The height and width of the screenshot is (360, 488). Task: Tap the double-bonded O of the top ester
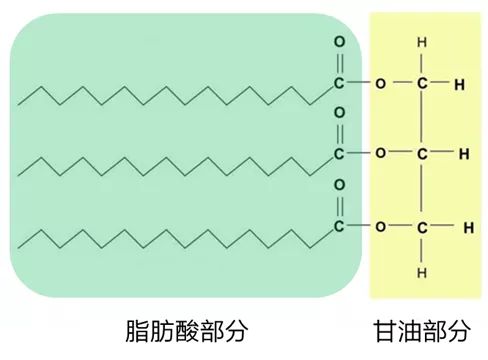tap(339, 43)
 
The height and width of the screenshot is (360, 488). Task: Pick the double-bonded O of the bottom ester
tap(339, 185)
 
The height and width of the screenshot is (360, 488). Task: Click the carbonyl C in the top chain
tap(339, 82)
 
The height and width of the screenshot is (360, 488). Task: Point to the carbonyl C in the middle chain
tap(339, 153)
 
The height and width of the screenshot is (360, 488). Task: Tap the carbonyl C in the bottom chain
tap(339, 225)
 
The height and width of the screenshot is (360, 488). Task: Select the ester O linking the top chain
tap(380, 82)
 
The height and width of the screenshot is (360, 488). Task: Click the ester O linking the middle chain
tap(380, 153)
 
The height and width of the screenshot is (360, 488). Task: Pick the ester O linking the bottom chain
tap(380, 225)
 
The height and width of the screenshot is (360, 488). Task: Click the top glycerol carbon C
tap(423, 82)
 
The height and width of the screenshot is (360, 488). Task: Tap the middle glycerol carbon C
tap(423, 153)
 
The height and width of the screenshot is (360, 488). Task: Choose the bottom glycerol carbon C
tap(423, 225)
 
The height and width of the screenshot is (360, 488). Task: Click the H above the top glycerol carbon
tap(423, 43)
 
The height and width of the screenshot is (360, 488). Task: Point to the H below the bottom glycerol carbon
tap(423, 271)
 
